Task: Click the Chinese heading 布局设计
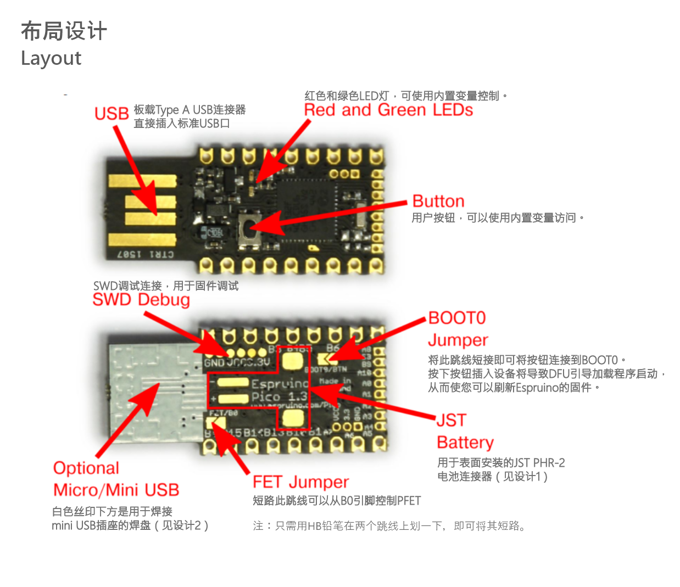pyautogui.click(x=64, y=31)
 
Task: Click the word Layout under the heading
pyautogui.click(x=51, y=58)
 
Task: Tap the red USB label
pyautogui.click(x=112, y=113)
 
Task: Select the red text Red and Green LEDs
pyautogui.click(x=388, y=110)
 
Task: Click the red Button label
pyautogui.click(x=438, y=201)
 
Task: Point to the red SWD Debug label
pyautogui.click(x=141, y=300)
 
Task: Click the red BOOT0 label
pyautogui.click(x=457, y=318)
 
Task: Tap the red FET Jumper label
pyautogui.click(x=300, y=482)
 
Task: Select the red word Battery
pyautogui.click(x=465, y=442)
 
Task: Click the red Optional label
pyautogui.click(x=86, y=468)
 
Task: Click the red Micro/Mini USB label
pyautogui.click(x=116, y=490)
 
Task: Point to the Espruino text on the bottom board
pyautogui.click(x=279, y=383)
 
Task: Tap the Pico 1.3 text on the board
pyautogui.click(x=279, y=396)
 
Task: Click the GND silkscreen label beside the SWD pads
pyautogui.click(x=214, y=362)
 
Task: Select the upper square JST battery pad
pyautogui.click(x=293, y=361)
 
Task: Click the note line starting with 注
pyautogui.click(x=389, y=526)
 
